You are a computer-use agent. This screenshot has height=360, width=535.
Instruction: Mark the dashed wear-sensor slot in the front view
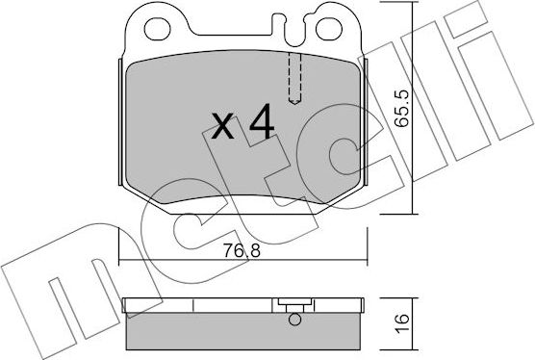(296, 78)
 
